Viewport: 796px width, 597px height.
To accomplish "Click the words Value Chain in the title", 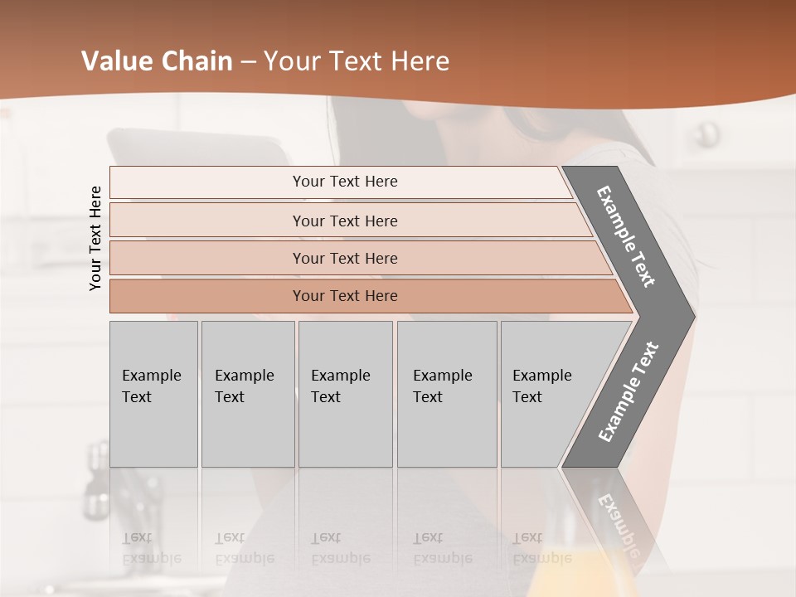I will (x=157, y=61).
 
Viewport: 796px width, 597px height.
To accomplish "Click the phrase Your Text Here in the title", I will (x=357, y=61).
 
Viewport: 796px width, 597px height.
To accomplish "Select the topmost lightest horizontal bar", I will (x=207, y=182).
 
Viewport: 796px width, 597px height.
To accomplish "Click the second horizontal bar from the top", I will (x=207, y=221).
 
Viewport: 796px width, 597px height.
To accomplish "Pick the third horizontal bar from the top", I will (x=207, y=258).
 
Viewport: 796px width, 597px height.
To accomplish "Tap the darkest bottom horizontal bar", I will (x=207, y=296).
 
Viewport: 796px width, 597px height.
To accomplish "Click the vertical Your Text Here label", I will (x=95, y=238).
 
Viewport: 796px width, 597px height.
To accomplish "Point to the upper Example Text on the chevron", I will (x=627, y=236).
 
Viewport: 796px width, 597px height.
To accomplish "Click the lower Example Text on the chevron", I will (x=628, y=392).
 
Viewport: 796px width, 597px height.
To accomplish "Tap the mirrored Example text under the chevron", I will (x=618, y=527).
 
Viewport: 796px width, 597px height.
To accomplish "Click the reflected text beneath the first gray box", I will (x=151, y=548).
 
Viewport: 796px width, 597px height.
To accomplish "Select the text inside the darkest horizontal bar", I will (x=345, y=296).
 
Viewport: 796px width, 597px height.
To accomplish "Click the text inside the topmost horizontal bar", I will (x=345, y=182).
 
